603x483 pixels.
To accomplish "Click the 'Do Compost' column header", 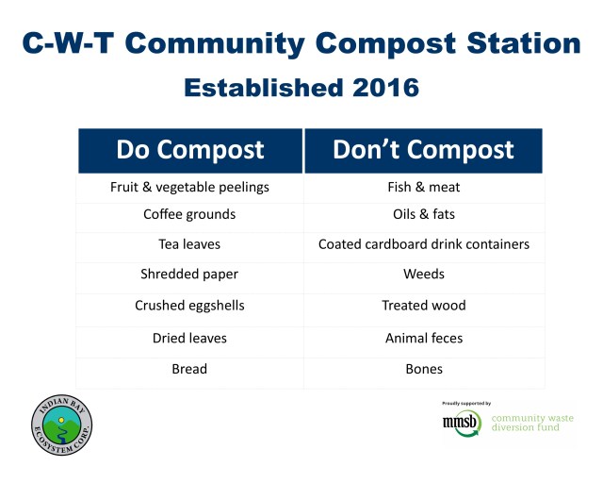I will [x=189, y=150].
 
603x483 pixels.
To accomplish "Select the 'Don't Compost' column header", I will [x=423, y=150].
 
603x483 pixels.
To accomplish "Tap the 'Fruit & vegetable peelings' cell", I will [x=189, y=187].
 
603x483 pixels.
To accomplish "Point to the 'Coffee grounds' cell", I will [x=189, y=214].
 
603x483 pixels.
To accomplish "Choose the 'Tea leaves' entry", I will [x=189, y=244].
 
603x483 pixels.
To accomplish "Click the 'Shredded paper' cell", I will [x=189, y=275].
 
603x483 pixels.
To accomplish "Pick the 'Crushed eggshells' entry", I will [x=189, y=306].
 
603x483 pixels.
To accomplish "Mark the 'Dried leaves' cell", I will [x=189, y=338].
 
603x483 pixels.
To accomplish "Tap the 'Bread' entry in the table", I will [x=189, y=369].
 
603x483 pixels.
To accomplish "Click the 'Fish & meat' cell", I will [x=423, y=187].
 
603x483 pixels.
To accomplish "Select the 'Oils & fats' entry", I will [x=423, y=214].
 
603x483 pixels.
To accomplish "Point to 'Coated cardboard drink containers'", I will [x=423, y=244].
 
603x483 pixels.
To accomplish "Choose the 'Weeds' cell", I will [x=423, y=275].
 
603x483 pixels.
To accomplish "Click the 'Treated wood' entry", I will [x=423, y=306].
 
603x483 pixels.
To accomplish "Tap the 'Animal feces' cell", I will [x=423, y=338].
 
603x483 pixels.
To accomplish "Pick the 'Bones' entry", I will [x=423, y=369].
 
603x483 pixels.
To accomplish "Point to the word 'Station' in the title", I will [x=519, y=43].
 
